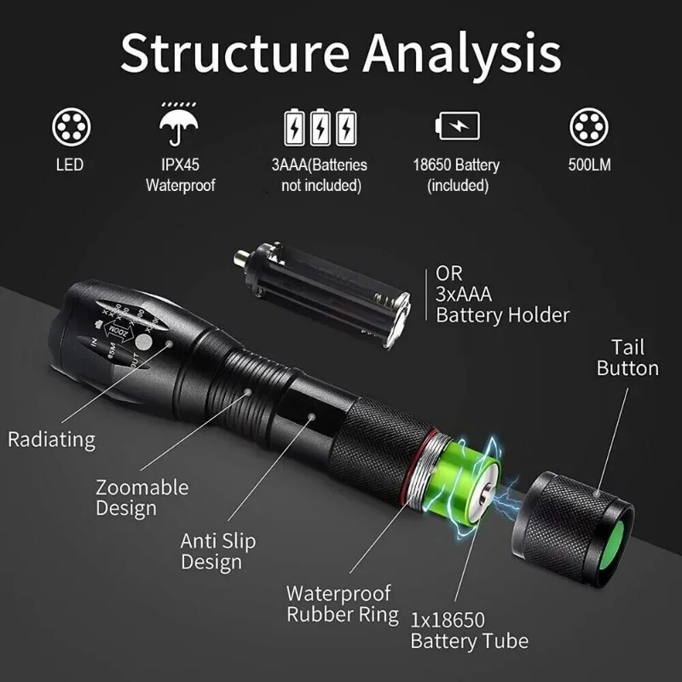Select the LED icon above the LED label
(x=69, y=127)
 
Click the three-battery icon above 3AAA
(x=320, y=127)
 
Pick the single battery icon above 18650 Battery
(x=457, y=126)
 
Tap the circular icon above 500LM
(x=589, y=127)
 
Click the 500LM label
(x=589, y=165)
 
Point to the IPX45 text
(x=180, y=165)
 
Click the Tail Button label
(x=627, y=358)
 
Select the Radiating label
(x=51, y=440)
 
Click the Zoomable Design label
(x=142, y=498)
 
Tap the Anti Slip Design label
(x=217, y=551)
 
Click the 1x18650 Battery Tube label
(x=469, y=630)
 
